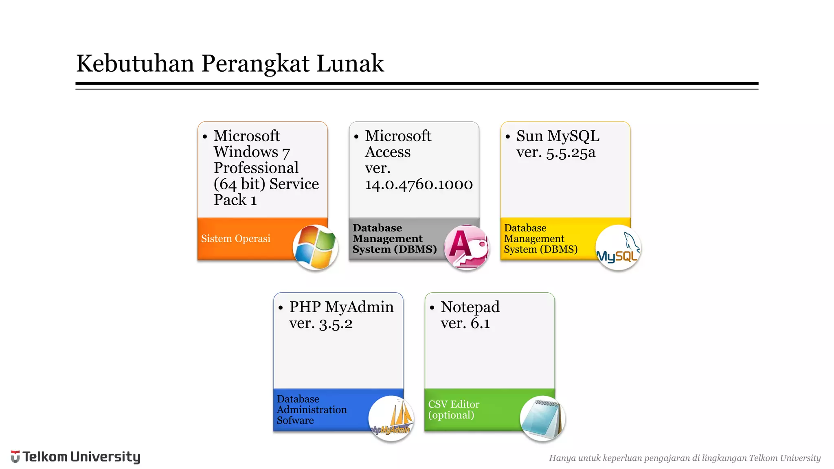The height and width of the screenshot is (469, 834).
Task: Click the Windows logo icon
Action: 316,247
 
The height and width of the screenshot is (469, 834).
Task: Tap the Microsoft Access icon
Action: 467,247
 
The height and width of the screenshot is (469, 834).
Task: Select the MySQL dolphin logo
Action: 618,247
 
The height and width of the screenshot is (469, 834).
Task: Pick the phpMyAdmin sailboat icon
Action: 391,418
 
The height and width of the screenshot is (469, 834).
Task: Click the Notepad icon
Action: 543,418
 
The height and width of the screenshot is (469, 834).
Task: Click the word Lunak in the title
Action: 350,64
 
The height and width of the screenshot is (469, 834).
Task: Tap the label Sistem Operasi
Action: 235,239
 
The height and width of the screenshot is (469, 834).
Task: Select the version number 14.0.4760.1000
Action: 419,184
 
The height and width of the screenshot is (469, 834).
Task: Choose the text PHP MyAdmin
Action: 341,307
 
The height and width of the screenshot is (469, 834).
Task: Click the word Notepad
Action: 470,307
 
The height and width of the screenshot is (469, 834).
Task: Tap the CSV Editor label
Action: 454,404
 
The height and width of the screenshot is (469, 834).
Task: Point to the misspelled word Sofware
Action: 295,421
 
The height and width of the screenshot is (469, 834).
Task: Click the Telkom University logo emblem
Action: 15,456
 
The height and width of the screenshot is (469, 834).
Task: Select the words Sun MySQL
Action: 558,136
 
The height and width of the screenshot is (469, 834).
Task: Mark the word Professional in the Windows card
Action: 256,168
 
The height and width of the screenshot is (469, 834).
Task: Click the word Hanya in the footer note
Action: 562,458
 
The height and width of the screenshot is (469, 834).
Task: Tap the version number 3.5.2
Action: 336,324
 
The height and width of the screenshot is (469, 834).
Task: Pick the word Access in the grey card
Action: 388,152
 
